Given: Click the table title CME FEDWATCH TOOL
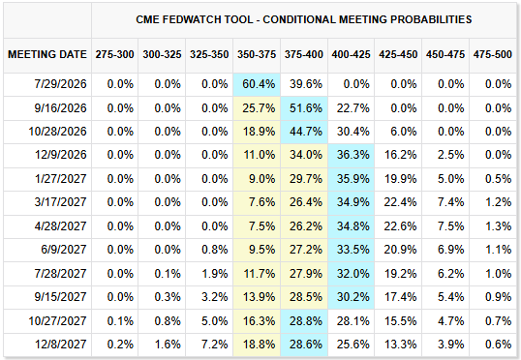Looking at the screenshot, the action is click(x=194, y=19).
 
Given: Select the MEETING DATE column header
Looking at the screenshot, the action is click(x=47, y=54).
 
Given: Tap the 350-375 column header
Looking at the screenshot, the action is click(x=257, y=54).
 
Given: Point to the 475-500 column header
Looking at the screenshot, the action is click(x=493, y=54).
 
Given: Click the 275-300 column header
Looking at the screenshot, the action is click(x=114, y=54).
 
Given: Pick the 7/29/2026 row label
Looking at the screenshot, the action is click(x=60, y=84).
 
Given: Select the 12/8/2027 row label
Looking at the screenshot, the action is click(x=60, y=345).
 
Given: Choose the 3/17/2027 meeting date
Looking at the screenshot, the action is click(x=60, y=202).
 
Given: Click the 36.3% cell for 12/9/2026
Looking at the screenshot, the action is click(x=352, y=155).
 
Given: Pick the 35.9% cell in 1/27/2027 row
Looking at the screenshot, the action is click(x=352, y=179).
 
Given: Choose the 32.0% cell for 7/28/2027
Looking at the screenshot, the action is click(x=352, y=274).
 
